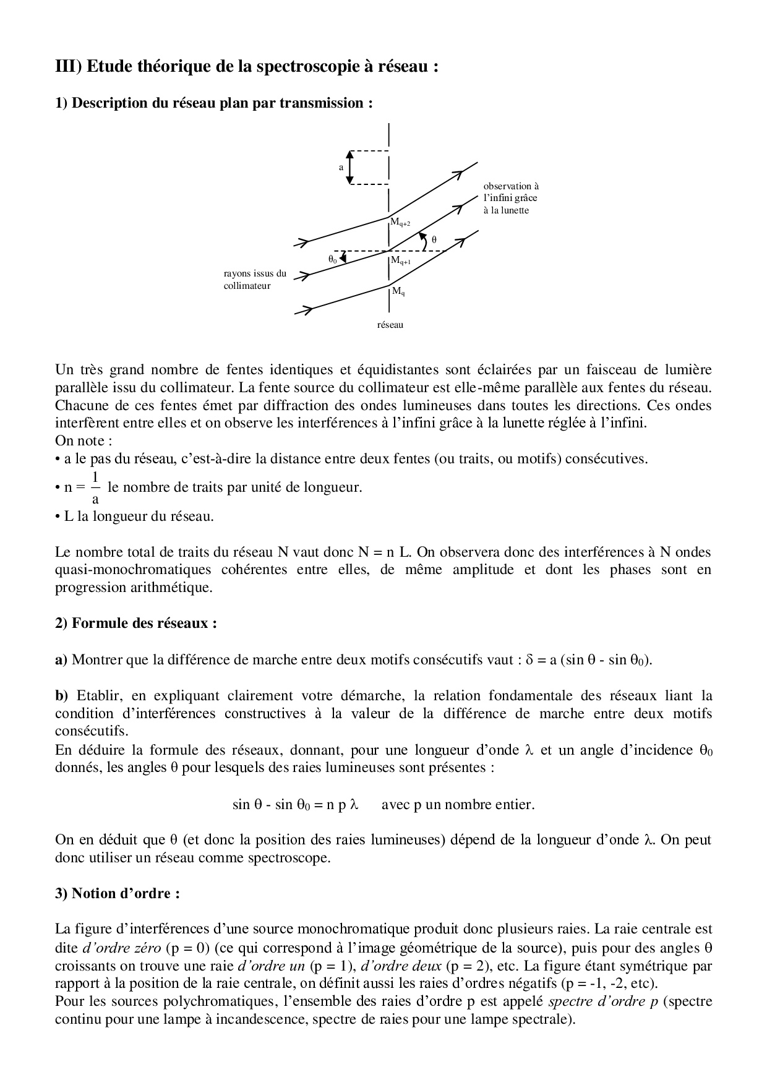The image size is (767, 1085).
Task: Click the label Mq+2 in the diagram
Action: tap(400, 223)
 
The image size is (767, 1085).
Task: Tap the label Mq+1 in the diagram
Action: tap(400, 261)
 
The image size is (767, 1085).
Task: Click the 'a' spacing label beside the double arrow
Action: tap(341, 167)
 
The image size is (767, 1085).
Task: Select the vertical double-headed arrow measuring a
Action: tap(349, 167)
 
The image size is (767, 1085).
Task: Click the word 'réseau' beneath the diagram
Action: tap(390, 325)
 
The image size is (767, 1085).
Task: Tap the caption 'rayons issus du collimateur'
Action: tap(255, 280)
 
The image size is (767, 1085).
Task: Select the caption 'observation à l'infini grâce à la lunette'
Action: tap(511, 198)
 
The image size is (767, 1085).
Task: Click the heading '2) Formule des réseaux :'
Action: tap(136, 623)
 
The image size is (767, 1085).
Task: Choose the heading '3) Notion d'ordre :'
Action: tap(118, 893)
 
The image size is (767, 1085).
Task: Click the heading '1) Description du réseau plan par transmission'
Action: tap(214, 103)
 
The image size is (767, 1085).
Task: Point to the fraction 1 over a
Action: tap(95, 487)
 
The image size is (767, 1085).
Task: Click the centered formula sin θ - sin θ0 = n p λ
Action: tap(296, 805)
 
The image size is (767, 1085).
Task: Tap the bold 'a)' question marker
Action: tap(61, 659)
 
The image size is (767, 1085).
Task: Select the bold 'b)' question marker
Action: tap(62, 696)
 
